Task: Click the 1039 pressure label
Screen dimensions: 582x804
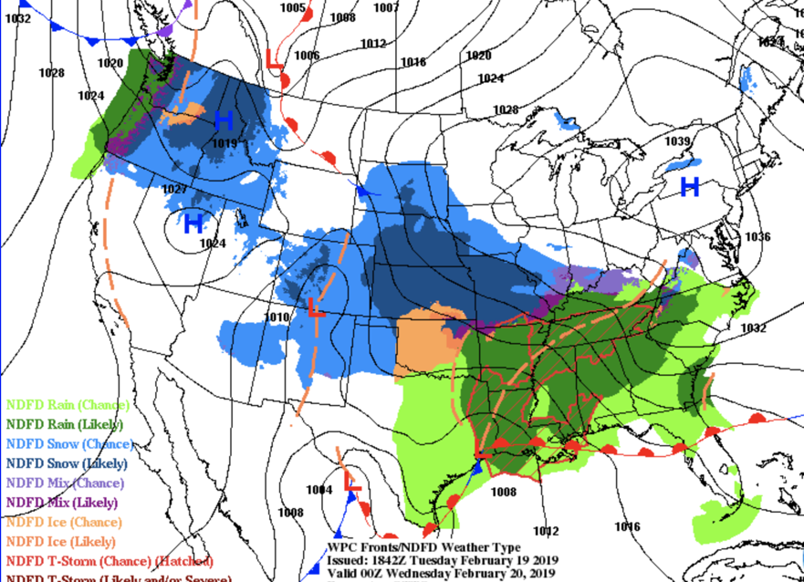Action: (677, 141)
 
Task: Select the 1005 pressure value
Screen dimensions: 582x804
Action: (293, 8)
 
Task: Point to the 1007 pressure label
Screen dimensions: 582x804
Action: (387, 8)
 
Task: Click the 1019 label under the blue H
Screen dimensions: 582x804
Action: (224, 143)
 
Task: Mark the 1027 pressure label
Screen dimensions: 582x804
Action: (175, 190)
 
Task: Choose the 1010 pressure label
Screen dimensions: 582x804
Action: (277, 317)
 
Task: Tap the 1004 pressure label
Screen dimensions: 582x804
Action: (318, 490)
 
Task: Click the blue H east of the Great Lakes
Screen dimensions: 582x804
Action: (690, 187)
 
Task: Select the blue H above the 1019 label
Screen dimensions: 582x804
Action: (224, 120)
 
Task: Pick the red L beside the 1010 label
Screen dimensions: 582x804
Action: (315, 308)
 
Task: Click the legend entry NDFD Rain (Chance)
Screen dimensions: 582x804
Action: (68, 404)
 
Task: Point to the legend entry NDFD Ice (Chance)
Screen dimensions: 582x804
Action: (63, 522)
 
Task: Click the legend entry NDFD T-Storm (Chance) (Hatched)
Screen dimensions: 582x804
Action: (110, 561)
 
